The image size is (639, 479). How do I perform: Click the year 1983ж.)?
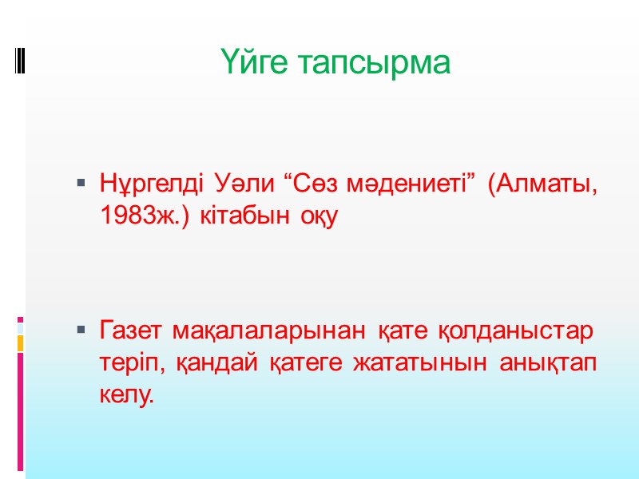click(x=145, y=216)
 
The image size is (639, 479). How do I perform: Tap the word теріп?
click(x=128, y=362)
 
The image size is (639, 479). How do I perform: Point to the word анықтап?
click(x=550, y=362)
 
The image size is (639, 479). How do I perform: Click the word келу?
click(x=122, y=394)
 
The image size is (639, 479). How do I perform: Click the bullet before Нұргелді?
click(x=81, y=185)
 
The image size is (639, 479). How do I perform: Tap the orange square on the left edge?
click(x=21, y=342)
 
